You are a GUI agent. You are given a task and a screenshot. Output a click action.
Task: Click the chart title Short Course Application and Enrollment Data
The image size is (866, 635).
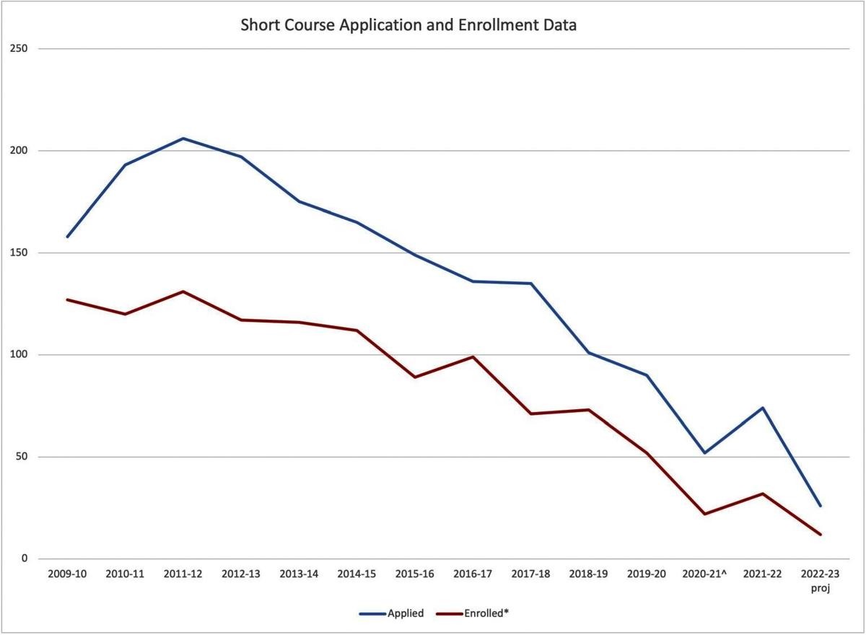[408, 26]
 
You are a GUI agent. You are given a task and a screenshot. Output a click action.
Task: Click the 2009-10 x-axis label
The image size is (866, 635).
[67, 574]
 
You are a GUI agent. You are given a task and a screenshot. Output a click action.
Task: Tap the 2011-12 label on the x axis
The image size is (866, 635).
[183, 574]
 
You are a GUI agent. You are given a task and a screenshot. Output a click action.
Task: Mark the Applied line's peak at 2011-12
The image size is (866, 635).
[183, 139]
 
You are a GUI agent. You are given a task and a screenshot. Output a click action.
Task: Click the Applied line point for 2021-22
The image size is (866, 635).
[763, 408]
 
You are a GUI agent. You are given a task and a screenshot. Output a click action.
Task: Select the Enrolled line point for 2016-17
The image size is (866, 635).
[473, 356]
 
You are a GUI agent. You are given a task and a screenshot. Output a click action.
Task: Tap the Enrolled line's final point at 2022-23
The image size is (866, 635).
[821, 535]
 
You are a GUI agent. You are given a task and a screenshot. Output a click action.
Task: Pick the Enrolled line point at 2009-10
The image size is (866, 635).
[67, 299]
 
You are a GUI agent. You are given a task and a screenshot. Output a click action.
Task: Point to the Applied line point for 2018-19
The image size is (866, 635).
[589, 353]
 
